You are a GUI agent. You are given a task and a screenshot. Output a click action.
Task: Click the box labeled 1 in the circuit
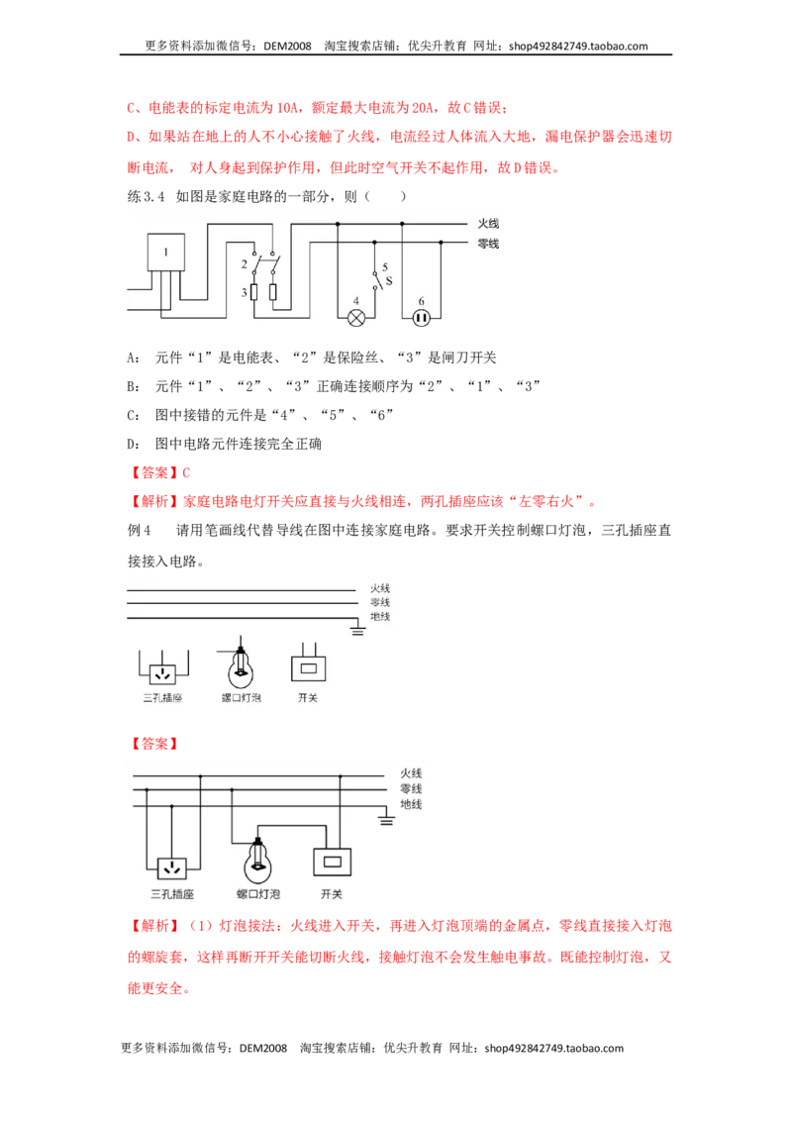166,253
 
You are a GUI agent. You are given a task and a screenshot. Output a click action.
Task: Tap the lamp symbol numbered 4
356,318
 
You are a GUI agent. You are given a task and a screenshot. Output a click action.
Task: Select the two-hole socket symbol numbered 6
421,318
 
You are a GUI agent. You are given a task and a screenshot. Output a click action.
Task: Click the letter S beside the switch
389,281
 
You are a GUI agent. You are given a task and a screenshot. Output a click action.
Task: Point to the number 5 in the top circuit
384,267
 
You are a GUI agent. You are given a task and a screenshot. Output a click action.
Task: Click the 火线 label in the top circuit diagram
488,224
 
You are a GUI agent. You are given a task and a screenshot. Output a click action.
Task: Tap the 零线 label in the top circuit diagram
488,244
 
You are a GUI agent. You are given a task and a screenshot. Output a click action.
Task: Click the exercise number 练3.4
146,197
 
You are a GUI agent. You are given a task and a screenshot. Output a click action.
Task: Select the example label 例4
140,531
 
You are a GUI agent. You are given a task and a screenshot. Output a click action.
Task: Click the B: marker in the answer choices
133,387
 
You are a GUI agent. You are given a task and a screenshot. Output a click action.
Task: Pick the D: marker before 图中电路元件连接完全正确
133,444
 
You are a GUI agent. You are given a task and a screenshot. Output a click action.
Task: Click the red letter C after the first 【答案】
186,472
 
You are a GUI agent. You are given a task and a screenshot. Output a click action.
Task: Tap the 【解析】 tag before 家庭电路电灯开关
154,502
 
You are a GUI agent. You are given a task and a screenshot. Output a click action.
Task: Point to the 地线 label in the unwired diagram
380,616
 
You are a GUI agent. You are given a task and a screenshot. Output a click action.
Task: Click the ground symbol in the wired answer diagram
387,819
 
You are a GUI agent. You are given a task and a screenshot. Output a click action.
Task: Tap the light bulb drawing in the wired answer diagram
257,862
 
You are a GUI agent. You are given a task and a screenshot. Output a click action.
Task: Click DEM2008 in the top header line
287,47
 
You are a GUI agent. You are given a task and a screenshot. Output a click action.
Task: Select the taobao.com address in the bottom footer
554,1049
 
